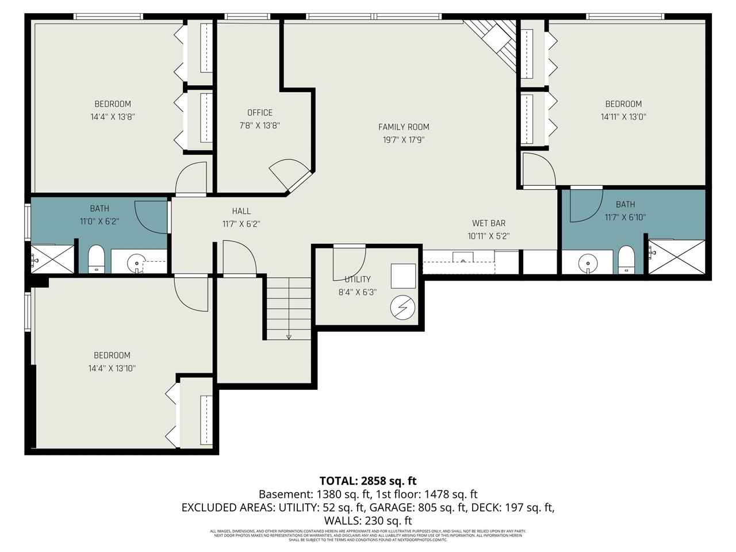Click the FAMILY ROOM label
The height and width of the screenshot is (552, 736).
tap(404, 127)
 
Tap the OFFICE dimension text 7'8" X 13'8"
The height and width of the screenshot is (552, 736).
tap(260, 125)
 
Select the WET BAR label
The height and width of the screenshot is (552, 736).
tap(489, 223)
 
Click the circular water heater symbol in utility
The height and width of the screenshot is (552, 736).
tap(402, 308)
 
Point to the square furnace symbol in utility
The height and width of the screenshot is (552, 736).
tap(403, 276)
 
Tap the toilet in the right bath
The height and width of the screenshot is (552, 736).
tap(626, 259)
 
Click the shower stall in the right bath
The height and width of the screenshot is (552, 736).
tap(677, 257)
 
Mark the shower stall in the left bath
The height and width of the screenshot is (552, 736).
tap(52, 259)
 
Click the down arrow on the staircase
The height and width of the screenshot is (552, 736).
tap(289, 337)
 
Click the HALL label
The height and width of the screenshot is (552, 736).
tap(241, 211)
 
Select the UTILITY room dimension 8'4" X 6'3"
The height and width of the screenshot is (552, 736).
tap(357, 292)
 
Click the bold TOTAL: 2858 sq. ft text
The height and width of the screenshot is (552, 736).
tap(368, 481)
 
